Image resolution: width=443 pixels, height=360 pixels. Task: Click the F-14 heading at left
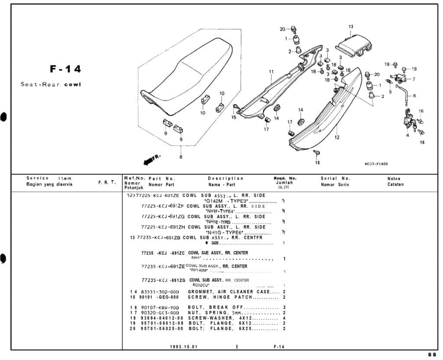pyautogui.click(x=65, y=69)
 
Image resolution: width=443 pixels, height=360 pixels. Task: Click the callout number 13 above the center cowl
pyautogui.click(x=350, y=27)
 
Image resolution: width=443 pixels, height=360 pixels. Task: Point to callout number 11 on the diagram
pyautogui.click(x=271, y=72)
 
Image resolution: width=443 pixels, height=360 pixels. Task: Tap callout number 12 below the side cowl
pyautogui.click(x=337, y=138)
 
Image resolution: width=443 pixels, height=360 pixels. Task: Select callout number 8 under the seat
pyautogui.click(x=181, y=157)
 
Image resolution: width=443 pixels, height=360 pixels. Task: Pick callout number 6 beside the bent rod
pyautogui.click(x=414, y=96)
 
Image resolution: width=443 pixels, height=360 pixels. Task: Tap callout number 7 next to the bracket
pyautogui.click(x=414, y=79)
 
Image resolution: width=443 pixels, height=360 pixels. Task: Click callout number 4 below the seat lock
pyautogui.click(x=407, y=135)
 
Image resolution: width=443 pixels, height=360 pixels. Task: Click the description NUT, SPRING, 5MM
pyautogui.click(x=215, y=312)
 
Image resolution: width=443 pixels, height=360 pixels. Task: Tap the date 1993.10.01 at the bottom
pyautogui.click(x=185, y=347)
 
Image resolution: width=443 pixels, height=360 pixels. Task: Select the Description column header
pyautogui.click(x=225, y=178)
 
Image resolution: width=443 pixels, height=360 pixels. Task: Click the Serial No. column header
pyautogui.click(x=335, y=178)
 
